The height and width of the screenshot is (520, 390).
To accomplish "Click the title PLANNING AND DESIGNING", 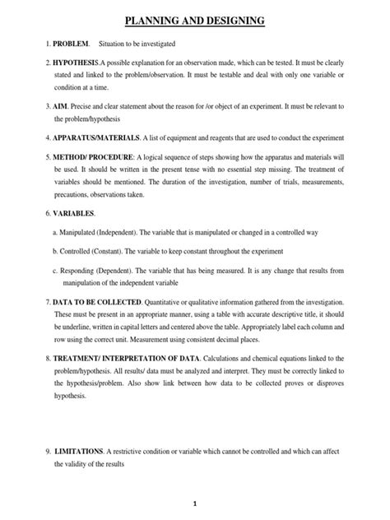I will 194,19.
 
